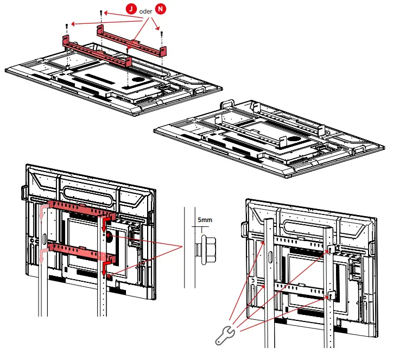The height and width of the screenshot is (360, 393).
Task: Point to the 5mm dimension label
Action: [x=205, y=221]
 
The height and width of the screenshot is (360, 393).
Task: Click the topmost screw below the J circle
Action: [x=100, y=12]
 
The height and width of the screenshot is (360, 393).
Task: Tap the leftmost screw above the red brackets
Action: [x=66, y=26]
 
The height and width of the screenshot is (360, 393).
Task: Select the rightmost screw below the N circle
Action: [x=162, y=33]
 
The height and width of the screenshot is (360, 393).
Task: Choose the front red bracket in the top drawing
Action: [x=97, y=52]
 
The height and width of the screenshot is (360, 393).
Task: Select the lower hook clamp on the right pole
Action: [x=332, y=295]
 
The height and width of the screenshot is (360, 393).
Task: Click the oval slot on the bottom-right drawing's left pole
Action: [x=265, y=241]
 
